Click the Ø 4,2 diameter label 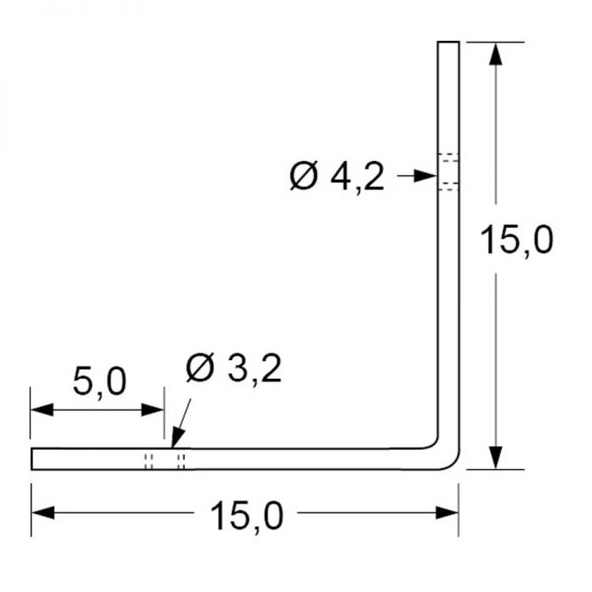pos(337,177)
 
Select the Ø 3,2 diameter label pos(234,369)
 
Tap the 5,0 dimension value pos(99,382)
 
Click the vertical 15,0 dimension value pos(516,240)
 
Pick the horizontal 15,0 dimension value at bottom pos(246,516)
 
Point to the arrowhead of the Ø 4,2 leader pos(425,176)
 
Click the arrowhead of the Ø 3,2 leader pos(177,438)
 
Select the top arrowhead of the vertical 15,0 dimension pos(496,54)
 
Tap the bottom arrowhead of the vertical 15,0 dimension pos(496,457)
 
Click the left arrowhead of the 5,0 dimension pos(42,410)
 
